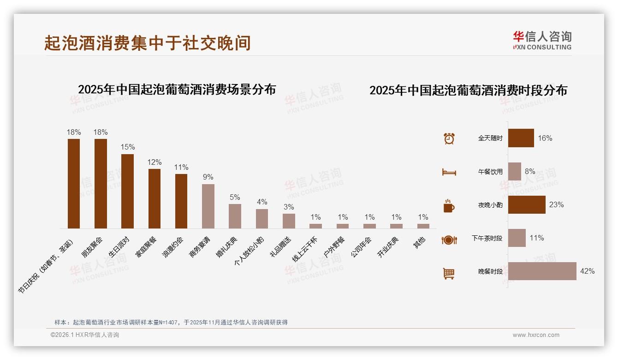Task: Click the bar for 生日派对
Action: point(127,191)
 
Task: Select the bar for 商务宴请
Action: point(208,206)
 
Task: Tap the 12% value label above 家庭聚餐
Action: point(154,162)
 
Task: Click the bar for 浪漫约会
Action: point(181,201)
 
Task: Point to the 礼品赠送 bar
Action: point(289,221)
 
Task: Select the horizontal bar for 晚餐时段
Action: point(542,271)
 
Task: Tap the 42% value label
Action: point(587,271)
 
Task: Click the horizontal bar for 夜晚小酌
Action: point(527,204)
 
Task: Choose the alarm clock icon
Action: point(449,138)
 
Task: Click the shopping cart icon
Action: point(449,273)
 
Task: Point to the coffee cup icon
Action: point(449,206)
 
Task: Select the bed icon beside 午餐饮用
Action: point(449,172)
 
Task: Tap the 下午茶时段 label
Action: point(487,238)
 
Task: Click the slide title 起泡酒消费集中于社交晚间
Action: point(148,43)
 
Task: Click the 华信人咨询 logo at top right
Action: point(542,40)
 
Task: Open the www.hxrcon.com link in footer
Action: point(536,335)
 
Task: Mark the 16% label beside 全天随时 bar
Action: point(545,138)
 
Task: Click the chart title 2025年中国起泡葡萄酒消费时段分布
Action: point(468,90)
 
